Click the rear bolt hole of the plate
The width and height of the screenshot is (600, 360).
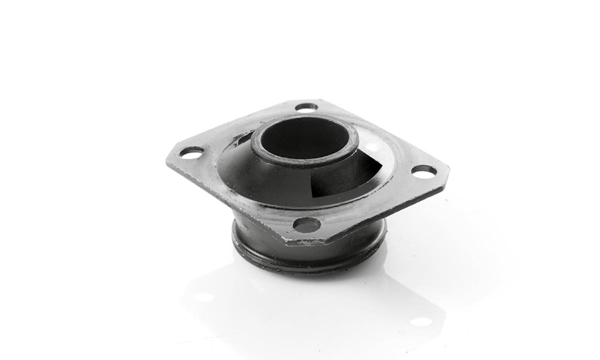click(x=306, y=106)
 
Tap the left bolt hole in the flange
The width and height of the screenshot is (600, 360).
click(x=191, y=152)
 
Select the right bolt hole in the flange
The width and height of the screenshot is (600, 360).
click(x=424, y=171)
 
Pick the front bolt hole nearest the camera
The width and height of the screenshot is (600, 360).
click(x=306, y=225)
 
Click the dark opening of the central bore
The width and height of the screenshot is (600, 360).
click(x=303, y=138)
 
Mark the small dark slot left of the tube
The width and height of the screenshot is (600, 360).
click(x=243, y=137)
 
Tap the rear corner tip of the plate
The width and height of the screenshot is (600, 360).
click(x=320, y=101)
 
